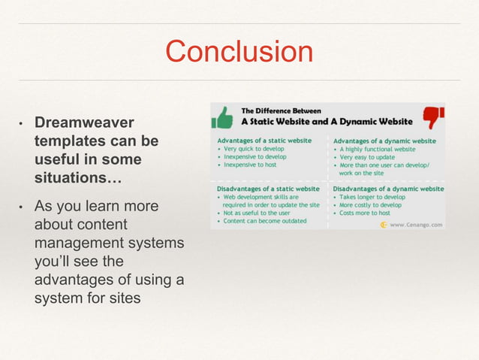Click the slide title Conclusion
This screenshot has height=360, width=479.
click(x=239, y=52)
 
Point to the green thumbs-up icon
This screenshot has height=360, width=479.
click(x=222, y=116)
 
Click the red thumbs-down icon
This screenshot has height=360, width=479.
click(x=433, y=116)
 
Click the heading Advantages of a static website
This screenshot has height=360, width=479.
click(x=265, y=141)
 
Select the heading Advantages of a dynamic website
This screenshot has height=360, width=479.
click(x=384, y=141)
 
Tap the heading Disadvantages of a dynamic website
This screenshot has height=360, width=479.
click(x=388, y=189)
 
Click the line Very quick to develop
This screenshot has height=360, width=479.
click(x=256, y=149)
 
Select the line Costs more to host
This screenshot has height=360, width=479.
click(x=367, y=213)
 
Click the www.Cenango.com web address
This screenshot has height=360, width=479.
click(x=416, y=224)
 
